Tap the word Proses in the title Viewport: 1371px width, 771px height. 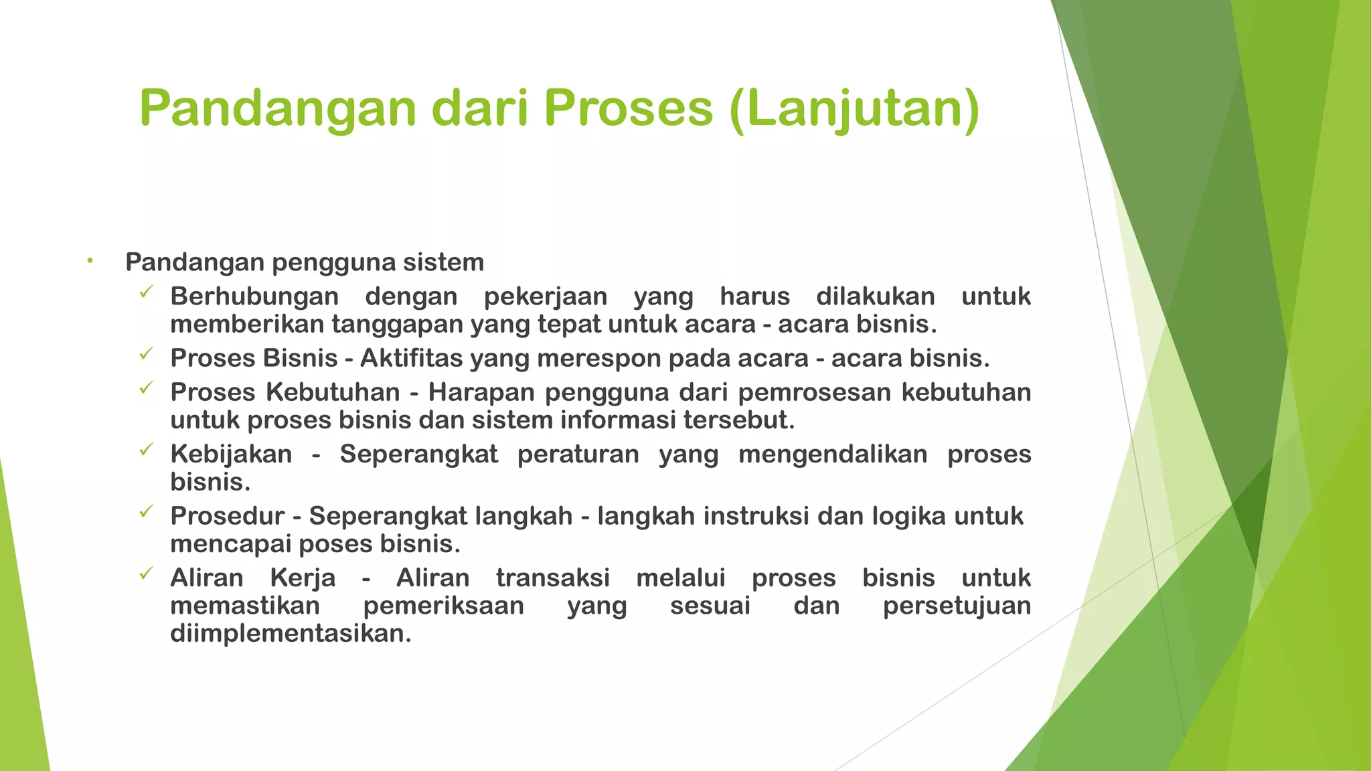pos(629,108)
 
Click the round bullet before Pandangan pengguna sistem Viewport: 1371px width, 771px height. pos(90,261)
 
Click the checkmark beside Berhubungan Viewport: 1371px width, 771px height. pos(146,292)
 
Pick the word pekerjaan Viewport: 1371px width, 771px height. pos(546,296)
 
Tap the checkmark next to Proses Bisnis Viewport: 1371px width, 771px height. pos(146,354)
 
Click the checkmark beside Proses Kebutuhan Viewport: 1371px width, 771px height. pos(146,388)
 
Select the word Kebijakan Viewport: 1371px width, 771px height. pos(231,454)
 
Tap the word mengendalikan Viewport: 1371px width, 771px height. pos(833,454)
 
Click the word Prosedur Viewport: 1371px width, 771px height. pos(228,517)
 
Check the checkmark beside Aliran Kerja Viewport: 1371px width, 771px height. pos(146,574)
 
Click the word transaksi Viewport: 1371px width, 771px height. pos(553,578)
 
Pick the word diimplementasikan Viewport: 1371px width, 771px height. pos(291,634)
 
